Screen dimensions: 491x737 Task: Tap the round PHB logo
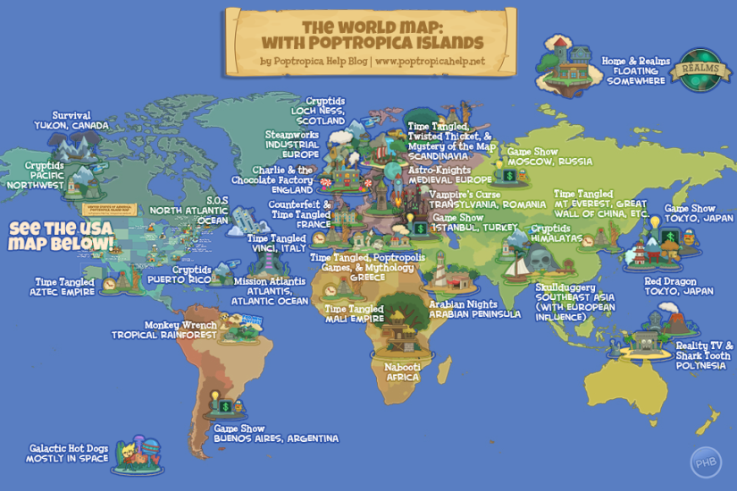[x=705, y=462]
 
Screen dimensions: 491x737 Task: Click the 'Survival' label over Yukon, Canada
[x=71, y=115]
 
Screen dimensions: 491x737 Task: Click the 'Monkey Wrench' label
[x=180, y=325]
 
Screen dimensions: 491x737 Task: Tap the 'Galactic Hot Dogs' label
[x=69, y=448]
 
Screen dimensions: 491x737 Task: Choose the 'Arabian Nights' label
[x=463, y=304]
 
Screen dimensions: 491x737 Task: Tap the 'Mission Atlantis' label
[x=269, y=280]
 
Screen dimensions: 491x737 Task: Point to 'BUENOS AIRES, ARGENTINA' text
[x=276, y=438]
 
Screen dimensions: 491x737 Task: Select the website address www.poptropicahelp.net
[x=431, y=62]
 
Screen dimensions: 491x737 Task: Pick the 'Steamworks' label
[x=292, y=135]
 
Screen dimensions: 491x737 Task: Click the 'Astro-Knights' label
[x=439, y=169]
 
